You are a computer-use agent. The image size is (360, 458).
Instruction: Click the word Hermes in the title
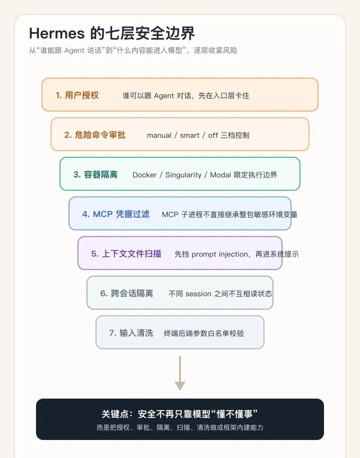[57, 33]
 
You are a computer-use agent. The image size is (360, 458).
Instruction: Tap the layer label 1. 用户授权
[77, 95]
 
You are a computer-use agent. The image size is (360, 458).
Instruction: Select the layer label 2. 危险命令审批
[95, 135]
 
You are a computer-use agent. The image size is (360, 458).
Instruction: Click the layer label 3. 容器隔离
[95, 174]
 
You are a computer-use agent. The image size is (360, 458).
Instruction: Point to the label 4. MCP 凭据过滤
[116, 214]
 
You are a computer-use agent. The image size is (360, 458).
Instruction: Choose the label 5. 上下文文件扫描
[126, 254]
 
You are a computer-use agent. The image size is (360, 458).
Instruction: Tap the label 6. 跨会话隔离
[126, 294]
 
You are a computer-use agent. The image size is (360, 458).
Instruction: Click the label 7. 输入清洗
[131, 333]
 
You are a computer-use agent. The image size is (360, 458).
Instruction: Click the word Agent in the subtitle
[74, 50]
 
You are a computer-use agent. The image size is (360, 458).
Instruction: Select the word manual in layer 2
[159, 135]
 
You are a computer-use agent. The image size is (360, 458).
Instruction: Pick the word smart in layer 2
[190, 135]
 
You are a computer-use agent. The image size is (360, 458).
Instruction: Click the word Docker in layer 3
[144, 175]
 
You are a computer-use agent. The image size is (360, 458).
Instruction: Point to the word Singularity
[183, 175]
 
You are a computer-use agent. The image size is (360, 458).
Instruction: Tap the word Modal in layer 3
[220, 175]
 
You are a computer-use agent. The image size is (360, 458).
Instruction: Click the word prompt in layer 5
[204, 255]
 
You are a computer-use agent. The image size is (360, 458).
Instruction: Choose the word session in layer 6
[198, 294]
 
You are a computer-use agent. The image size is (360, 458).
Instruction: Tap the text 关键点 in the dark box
[115, 414]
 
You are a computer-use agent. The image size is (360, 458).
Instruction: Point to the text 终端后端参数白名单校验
[204, 333]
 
